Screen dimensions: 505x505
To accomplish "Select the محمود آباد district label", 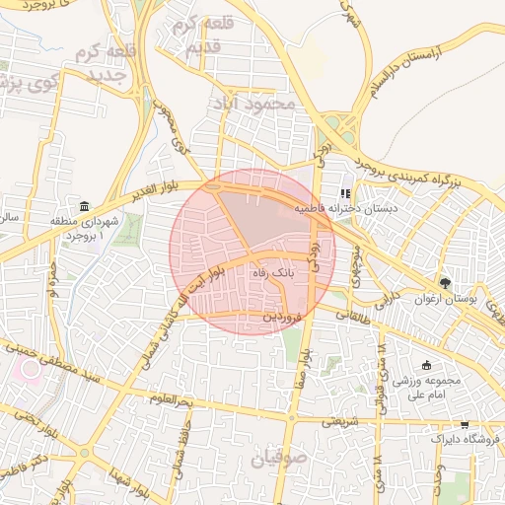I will tap(261, 102).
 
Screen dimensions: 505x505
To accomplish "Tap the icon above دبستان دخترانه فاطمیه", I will tap(344, 193).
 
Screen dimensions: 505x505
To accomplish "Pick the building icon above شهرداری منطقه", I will tap(84, 206).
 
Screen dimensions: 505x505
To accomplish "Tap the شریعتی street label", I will tap(328, 421).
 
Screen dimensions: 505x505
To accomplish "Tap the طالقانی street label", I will tap(353, 317).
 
